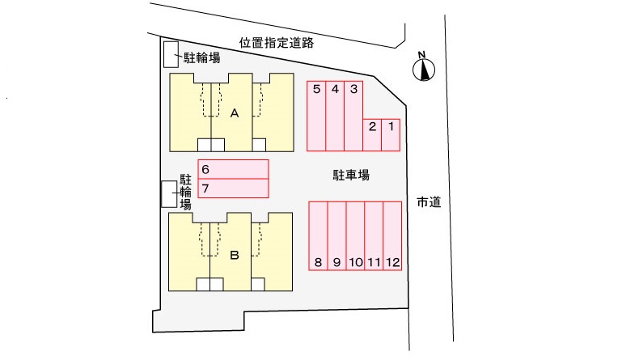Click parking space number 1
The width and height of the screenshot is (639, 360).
click(x=391, y=135)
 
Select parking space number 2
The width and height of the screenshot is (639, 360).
click(x=372, y=135)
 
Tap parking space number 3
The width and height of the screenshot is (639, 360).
click(x=353, y=116)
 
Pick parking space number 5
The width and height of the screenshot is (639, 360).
click(x=316, y=116)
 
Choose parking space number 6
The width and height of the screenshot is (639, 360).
click(x=233, y=169)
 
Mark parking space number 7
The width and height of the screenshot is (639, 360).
click(x=233, y=188)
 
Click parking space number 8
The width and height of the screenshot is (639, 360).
click(x=318, y=235)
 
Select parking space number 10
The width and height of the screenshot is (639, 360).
click(x=355, y=235)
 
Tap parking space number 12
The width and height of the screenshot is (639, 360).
click(x=392, y=235)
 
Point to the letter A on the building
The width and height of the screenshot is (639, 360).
click(x=235, y=113)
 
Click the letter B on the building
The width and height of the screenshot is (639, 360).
click(x=235, y=255)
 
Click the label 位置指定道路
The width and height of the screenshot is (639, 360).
click(x=277, y=43)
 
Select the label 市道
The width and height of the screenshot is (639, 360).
click(x=429, y=201)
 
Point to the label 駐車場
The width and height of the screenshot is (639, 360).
click(x=351, y=176)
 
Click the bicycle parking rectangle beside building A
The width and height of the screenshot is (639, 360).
click(x=171, y=54)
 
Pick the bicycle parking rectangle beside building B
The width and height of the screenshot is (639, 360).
click(x=169, y=194)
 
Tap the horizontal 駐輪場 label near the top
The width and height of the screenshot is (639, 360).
click(x=201, y=58)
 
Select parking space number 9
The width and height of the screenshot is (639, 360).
click(x=337, y=235)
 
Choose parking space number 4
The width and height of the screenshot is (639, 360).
click(x=335, y=116)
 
